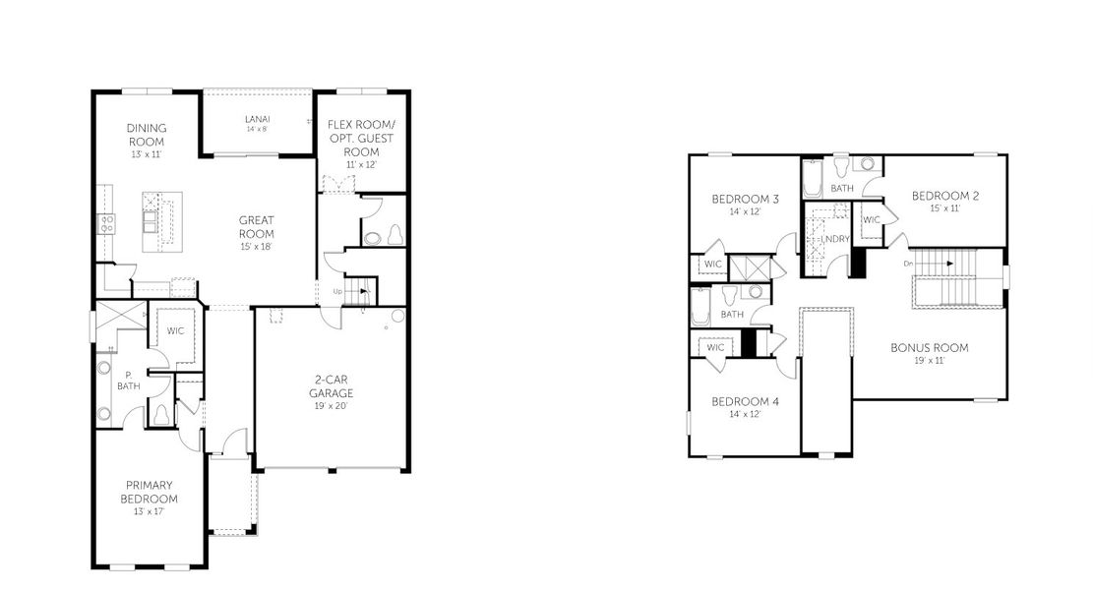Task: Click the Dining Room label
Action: click(147, 135)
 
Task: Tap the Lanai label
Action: click(258, 120)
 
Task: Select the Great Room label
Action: click(256, 227)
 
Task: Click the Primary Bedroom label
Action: click(150, 492)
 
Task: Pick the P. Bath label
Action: click(128, 381)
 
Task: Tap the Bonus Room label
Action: click(929, 347)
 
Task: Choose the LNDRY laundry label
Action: click(835, 239)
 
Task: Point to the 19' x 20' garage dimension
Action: click(333, 406)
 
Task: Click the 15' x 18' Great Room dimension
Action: click(256, 247)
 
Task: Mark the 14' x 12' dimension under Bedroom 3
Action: click(745, 211)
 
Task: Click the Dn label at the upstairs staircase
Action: click(909, 263)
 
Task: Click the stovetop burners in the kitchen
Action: click(104, 223)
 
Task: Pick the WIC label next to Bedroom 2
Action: click(871, 220)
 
